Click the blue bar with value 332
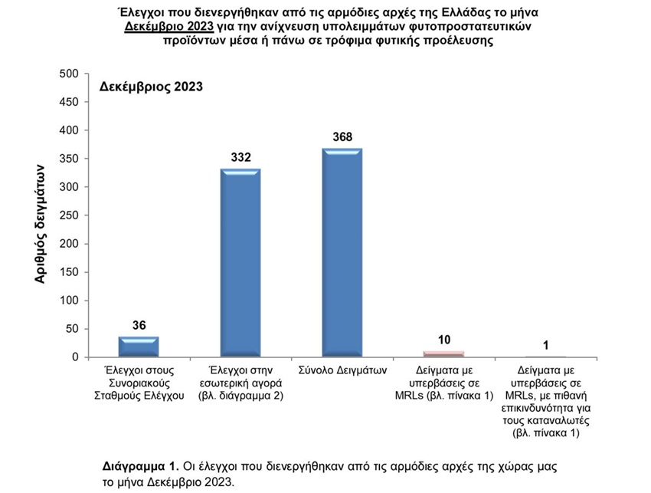click(240, 263)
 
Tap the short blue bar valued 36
click(139, 347)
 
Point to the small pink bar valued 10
click(443, 353)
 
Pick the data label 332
click(240, 157)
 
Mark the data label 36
click(139, 325)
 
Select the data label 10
click(443, 340)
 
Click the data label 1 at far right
click(545, 345)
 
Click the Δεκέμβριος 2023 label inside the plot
click(152, 87)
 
